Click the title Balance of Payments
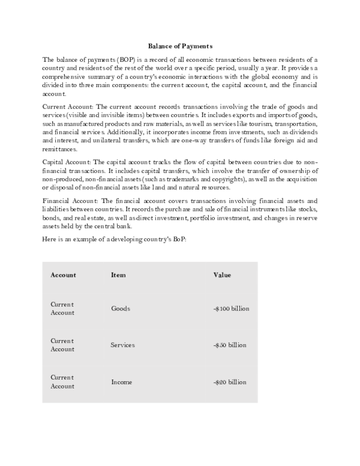180,46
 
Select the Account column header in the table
64,275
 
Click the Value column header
222,275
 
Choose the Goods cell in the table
121,309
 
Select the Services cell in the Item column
123,345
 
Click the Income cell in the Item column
122,382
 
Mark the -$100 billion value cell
231,309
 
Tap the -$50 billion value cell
230,345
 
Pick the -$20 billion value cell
230,382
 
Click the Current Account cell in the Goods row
63,309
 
